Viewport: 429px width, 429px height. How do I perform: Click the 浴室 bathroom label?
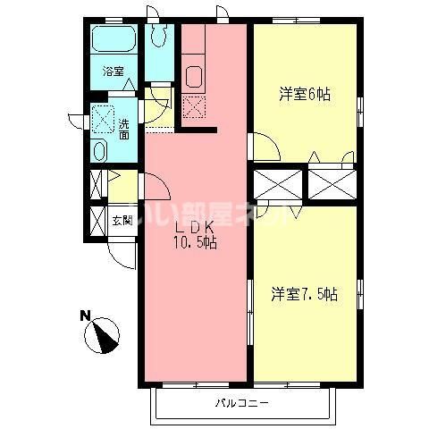coord(112,71)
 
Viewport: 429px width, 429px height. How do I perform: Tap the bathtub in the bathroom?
coord(114,41)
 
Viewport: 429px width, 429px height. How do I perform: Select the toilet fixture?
coord(160,36)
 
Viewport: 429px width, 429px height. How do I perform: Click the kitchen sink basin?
coord(194,77)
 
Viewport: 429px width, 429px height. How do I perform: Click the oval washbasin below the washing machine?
coord(99,150)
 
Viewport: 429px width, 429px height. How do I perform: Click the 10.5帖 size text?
coord(194,242)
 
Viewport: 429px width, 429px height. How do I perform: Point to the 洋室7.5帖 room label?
coord(304,292)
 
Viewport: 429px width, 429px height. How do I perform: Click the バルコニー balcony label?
coord(241,404)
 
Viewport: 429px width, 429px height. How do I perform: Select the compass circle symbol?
coord(103,334)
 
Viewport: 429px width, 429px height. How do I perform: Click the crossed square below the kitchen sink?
coord(193,106)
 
